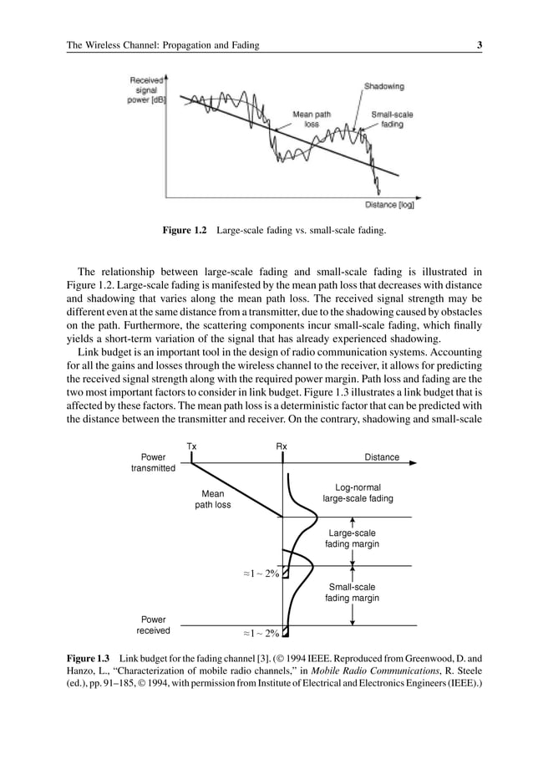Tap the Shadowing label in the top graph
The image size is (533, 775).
click(383, 86)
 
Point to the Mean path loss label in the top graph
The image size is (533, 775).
click(310, 119)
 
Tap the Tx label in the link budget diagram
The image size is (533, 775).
click(191, 446)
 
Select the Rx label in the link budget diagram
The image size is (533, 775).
click(282, 446)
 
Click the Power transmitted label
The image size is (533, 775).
click(153, 463)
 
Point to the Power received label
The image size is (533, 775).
click(153, 625)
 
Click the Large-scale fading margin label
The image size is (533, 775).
click(352, 538)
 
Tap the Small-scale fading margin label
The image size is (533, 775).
click(352, 593)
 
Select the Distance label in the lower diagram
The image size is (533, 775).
click(382, 457)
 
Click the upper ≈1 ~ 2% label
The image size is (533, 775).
click(261, 574)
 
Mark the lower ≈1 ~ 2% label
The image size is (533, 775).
click(261, 633)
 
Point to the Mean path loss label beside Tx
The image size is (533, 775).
click(212, 499)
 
